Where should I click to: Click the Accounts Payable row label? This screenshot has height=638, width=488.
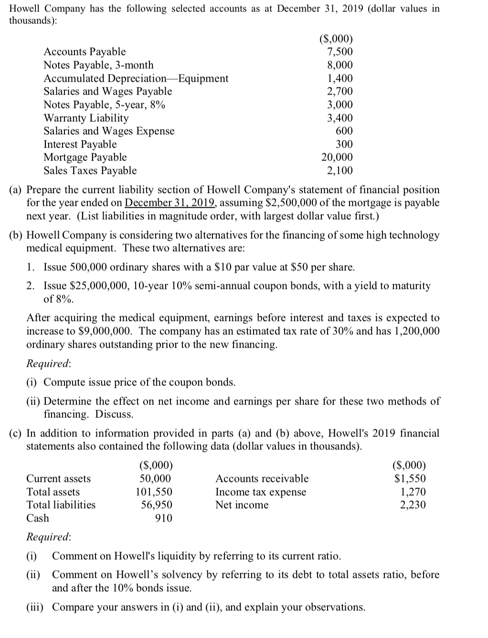tap(85, 52)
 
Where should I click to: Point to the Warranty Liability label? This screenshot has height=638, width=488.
tap(86, 118)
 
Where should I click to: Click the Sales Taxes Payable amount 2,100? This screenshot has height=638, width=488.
tap(339, 170)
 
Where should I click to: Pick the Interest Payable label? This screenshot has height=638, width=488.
tap(80, 144)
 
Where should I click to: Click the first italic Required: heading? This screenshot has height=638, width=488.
tap(48, 363)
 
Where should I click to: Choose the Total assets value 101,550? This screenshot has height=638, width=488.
tap(154, 492)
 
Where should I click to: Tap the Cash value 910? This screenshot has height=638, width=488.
tap(164, 518)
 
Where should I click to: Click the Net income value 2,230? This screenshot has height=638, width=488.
tap(413, 505)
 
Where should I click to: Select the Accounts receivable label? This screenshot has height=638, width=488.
tap(262, 478)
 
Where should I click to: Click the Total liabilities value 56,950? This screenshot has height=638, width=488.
tap(156, 505)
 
